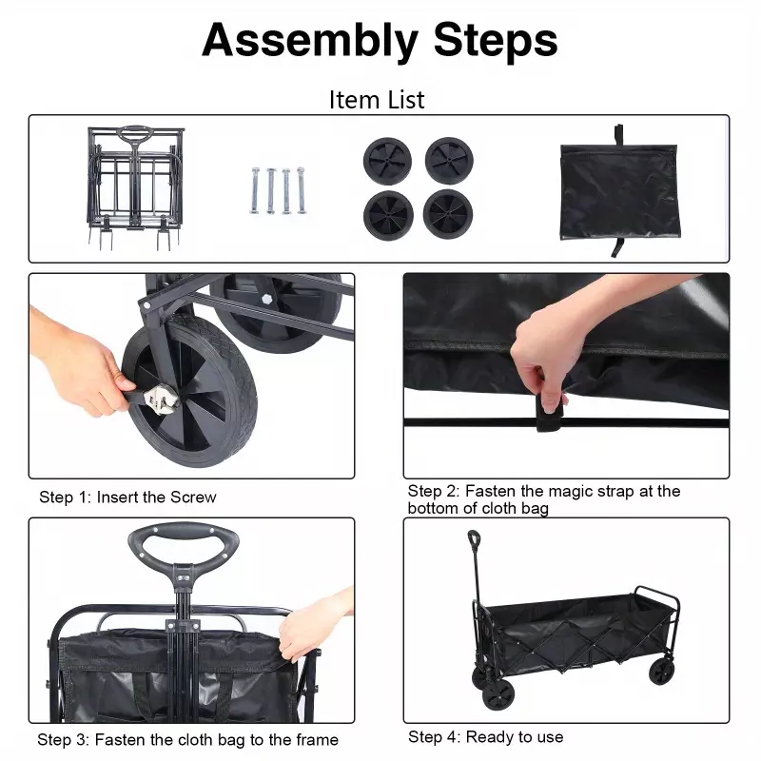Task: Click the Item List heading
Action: point(377,101)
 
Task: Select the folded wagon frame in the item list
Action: point(135,187)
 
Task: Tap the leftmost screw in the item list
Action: point(255,190)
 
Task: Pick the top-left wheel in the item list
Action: point(387,162)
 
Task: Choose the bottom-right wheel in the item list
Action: point(448,214)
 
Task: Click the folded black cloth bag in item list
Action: point(619,191)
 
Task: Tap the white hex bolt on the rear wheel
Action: point(266,299)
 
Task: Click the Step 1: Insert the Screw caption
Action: point(127,498)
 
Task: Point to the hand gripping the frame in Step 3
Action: point(316,626)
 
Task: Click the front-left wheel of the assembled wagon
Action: point(498,694)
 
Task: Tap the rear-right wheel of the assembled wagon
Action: point(661,672)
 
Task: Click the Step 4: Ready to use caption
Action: point(486,737)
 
